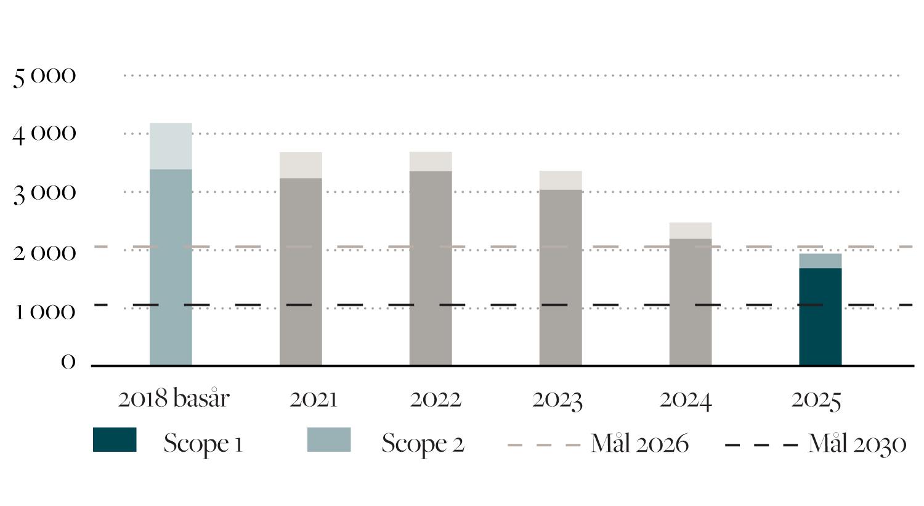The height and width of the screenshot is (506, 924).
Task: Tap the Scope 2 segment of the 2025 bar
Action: tap(820, 261)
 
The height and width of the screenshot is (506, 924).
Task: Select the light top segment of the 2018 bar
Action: tap(171, 146)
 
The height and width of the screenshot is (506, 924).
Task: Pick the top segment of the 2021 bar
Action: tap(301, 165)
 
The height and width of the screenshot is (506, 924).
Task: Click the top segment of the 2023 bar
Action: tap(560, 180)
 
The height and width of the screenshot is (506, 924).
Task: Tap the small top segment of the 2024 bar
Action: tap(690, 231)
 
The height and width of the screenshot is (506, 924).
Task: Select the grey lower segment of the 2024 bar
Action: tap(690, 301)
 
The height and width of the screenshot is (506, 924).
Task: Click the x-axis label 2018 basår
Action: tap(173, 399)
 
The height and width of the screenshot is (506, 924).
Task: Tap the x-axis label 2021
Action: tap(314, 399)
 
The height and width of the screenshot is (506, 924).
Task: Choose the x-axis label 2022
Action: tap(436, 399)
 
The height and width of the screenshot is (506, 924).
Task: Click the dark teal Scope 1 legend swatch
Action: tap(115, 439)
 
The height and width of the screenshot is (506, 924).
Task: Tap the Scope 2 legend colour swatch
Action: tap(329, 439)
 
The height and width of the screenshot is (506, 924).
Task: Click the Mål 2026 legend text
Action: tap(639, 444)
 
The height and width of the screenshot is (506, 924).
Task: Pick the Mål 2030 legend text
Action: tap(856, 444)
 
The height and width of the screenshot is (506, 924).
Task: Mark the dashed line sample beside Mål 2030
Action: tap(761, 445)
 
